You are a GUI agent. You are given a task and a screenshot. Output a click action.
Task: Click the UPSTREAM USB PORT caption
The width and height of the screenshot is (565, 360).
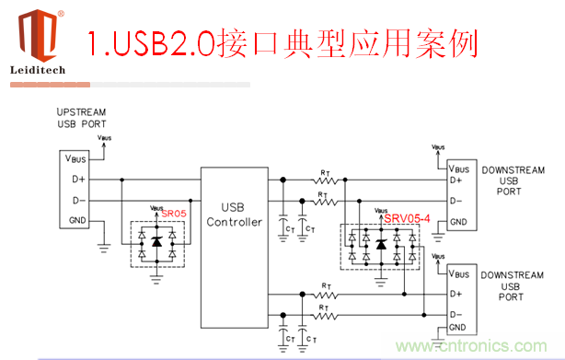81,118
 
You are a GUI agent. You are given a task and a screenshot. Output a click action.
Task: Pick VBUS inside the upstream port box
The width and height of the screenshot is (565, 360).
76,158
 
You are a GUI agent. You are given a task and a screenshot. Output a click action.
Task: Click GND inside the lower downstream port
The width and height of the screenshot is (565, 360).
459,327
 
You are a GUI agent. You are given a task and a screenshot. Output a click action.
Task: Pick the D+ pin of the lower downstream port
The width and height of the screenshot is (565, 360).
456,293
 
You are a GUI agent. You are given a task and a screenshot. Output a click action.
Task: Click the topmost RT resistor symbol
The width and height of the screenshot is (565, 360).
324,179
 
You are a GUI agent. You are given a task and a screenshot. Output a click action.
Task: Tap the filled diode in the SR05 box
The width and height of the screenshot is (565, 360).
156,241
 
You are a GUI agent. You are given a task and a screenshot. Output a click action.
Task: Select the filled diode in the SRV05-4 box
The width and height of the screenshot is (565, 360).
382,244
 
